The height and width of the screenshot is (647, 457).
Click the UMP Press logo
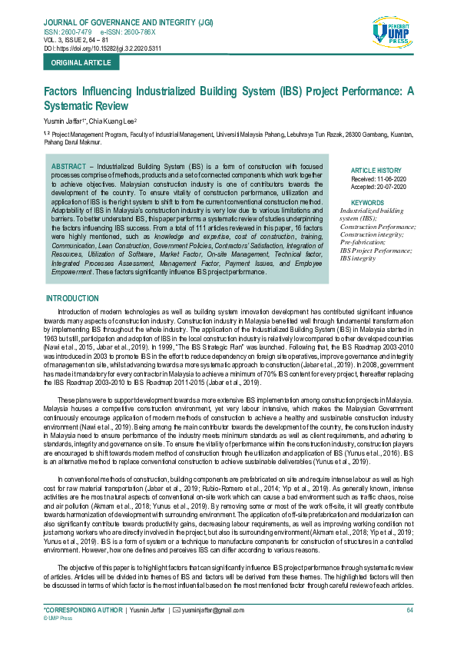(392, 37)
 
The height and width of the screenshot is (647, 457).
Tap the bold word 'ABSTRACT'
(68, 166)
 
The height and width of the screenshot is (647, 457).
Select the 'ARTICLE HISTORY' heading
(376, 171)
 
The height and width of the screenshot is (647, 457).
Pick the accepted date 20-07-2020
(390, 186)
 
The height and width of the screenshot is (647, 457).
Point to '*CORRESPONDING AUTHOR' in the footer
(83, 610)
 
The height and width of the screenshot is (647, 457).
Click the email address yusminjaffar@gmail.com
(213, 610)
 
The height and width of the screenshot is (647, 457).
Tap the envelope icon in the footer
(177, 610)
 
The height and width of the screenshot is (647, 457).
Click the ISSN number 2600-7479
(58, 32)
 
